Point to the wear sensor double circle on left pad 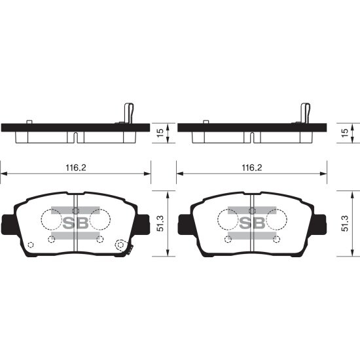click(x=120, y=246)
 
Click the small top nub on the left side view click(x=29, y=122)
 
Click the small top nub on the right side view click(x=206, y=122)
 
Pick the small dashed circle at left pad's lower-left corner click(x=31, y=245)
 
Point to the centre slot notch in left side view click(x=76, y=138)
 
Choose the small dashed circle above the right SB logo click(x=253, y=209)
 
